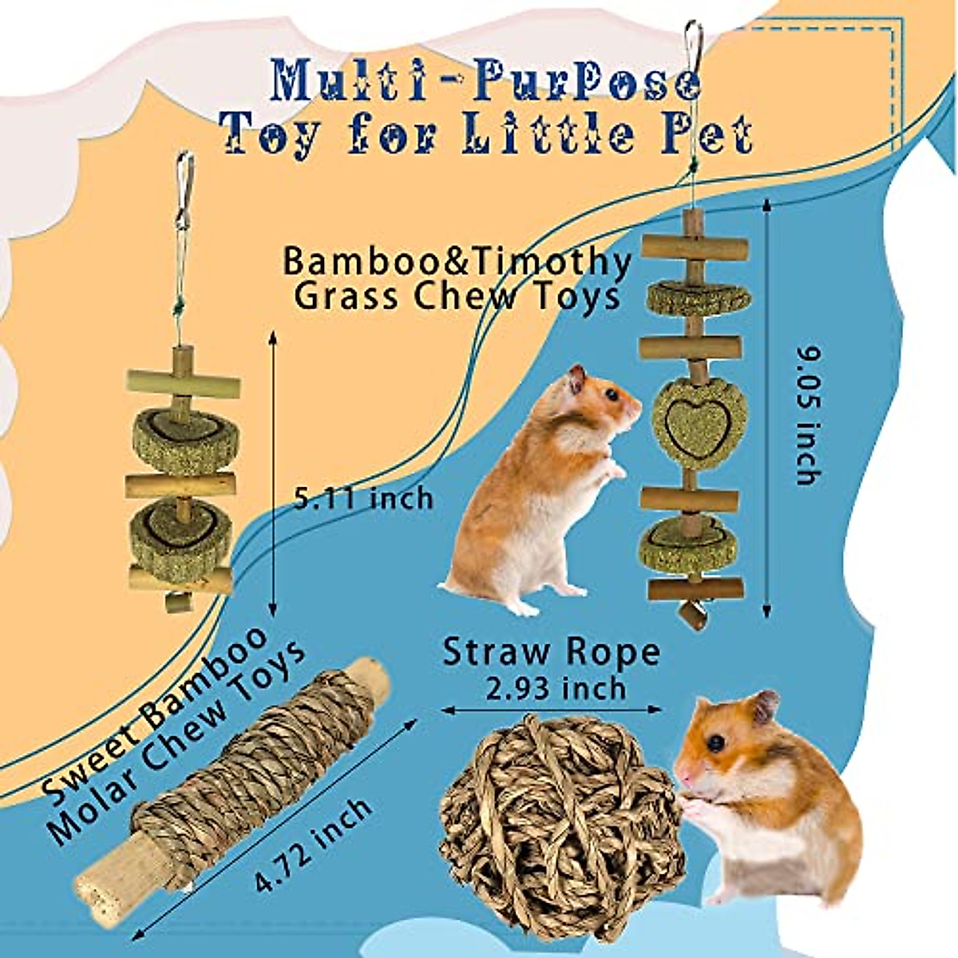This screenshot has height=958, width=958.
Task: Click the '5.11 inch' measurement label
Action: pyautogui.click(x=363, y=500)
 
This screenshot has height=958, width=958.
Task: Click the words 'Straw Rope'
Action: pyautogui.click(x=552, y=652)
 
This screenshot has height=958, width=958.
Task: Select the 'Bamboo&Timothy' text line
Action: pyautogui.click(x=457, y=263)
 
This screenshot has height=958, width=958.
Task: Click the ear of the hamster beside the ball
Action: pyautogui.click(x=766, y=706)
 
